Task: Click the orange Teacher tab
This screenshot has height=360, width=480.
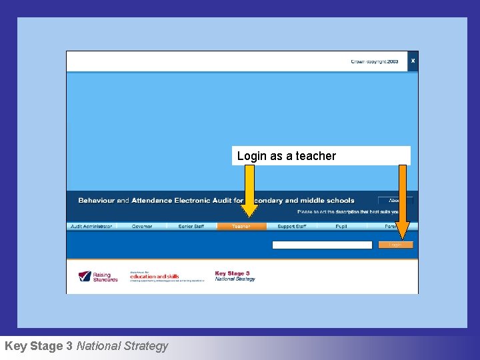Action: click(x=241, y=227)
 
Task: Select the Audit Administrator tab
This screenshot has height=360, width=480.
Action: click(x=91, y=227)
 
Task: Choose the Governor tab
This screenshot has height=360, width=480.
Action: click(x=141, y=227)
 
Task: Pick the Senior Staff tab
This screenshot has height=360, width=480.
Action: click(x=191, y=227)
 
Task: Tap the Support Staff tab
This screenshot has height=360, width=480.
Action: click(x=292, y=227)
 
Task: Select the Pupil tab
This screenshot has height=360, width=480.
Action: click(x=341, y=227)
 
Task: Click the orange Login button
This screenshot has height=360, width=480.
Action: click(x=395, y=245)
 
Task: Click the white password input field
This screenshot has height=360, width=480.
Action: click(x=322, y=245)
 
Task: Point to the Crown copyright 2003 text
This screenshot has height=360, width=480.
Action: click(x=374, y=61)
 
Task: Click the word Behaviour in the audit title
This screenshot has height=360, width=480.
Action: click(x=97, y=201)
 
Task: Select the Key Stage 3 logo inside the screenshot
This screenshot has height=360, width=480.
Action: click(x=235, y=276)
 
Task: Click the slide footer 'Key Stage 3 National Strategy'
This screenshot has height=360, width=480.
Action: click(x=86, y=346)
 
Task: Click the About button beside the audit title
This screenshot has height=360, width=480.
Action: click(x=395, y=200)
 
